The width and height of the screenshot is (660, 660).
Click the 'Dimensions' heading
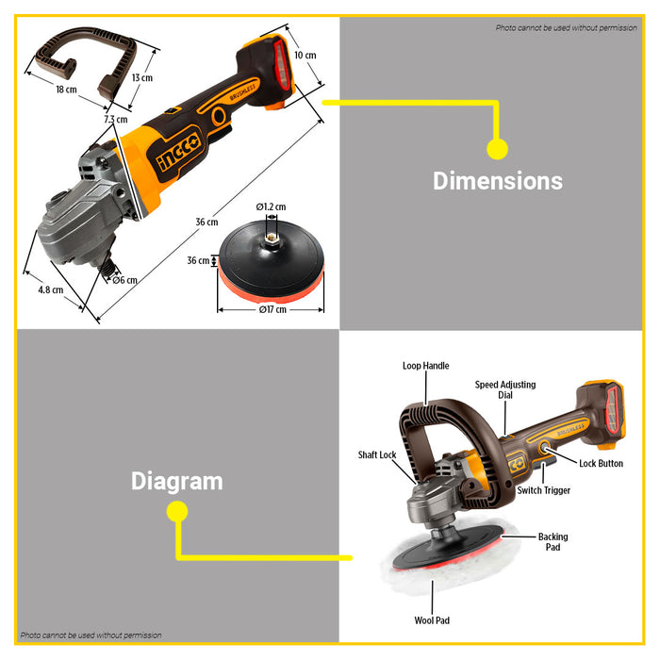point(498,181)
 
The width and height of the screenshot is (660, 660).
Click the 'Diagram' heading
point(177,481)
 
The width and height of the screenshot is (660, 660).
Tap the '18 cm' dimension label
point(67,90)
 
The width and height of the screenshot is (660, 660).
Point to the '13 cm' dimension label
point(142,77)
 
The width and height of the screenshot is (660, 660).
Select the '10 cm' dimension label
point(305,55)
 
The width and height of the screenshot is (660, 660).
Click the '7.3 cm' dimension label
point(116,119)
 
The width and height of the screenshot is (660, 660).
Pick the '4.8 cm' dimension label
point(51,290)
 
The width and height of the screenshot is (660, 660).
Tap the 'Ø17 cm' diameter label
point(272,310)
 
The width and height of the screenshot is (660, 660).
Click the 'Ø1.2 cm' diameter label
point(272,206)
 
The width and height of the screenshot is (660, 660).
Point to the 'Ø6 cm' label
point(125,280)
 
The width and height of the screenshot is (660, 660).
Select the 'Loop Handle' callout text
point(425,366)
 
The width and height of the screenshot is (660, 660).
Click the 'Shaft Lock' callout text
point(377,454)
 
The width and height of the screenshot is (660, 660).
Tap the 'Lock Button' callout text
point(602,464)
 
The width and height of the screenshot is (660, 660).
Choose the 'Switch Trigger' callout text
point(543,490)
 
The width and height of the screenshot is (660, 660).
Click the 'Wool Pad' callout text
point(432,620)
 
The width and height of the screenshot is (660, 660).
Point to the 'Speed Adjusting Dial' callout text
point(505,389)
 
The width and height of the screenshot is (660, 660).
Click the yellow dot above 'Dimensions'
point(497,149)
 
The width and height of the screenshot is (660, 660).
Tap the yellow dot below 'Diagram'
point(177,512)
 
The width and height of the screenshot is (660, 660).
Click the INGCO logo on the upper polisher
point(179,153)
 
